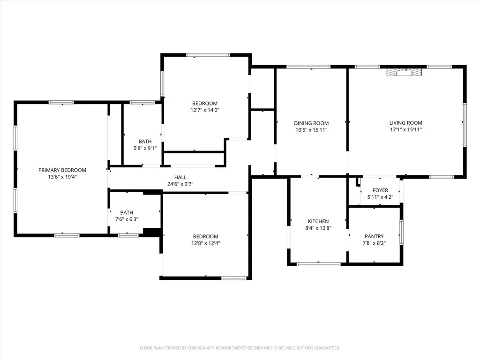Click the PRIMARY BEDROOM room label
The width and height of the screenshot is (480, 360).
click(62, 170)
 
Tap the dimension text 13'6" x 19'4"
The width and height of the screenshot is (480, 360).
click(62, 177)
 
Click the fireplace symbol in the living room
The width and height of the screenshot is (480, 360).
click(404, 72)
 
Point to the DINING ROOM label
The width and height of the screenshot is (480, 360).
click(311, 123)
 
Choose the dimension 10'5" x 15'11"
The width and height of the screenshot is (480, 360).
click(311, 130)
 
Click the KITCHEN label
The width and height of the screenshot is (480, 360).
click(318, 221)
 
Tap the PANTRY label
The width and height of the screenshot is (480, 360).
click(374, 236)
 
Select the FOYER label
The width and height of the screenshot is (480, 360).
click(380, 190)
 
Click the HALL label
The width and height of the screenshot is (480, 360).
click(180, 177)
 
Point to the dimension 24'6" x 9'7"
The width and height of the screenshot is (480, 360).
click(180, 184)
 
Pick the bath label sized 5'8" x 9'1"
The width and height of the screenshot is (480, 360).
click(145, 141)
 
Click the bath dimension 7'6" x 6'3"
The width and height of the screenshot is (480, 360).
click(126, 219)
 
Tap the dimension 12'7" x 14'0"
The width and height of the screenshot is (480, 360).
click(204, 110)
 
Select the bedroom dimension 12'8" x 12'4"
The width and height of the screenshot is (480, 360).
click(205, 243)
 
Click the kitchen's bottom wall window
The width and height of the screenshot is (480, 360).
click(318, 264)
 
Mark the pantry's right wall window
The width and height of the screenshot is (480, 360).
click(401, 232)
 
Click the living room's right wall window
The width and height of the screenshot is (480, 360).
click(465, 124)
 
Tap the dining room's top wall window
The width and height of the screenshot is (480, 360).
click(308, 67)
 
